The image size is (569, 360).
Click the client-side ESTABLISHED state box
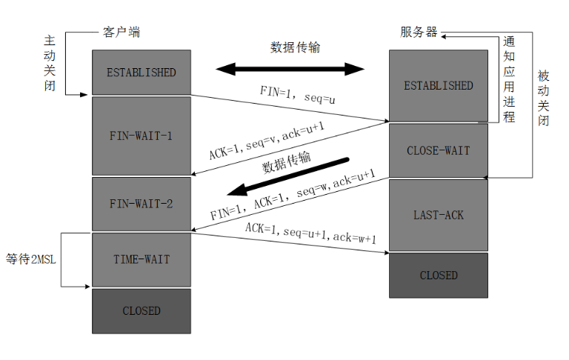(x=141, y=73)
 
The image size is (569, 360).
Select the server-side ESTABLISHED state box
(x=438, y=86)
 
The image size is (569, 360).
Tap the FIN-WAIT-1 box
(x=141, y=136)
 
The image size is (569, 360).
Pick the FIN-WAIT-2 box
(x=141, y=204)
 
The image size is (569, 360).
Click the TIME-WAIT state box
(x=141, y=259)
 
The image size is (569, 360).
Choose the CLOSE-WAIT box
(x=438, y=151)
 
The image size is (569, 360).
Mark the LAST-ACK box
(x=438, y=215)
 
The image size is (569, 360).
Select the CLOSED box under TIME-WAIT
(x=141, y=310)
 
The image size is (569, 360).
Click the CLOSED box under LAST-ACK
(x=438, y=275)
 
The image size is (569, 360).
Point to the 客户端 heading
(x=120, y=33)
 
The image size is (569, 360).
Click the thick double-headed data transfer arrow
(x=290, y=70)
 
